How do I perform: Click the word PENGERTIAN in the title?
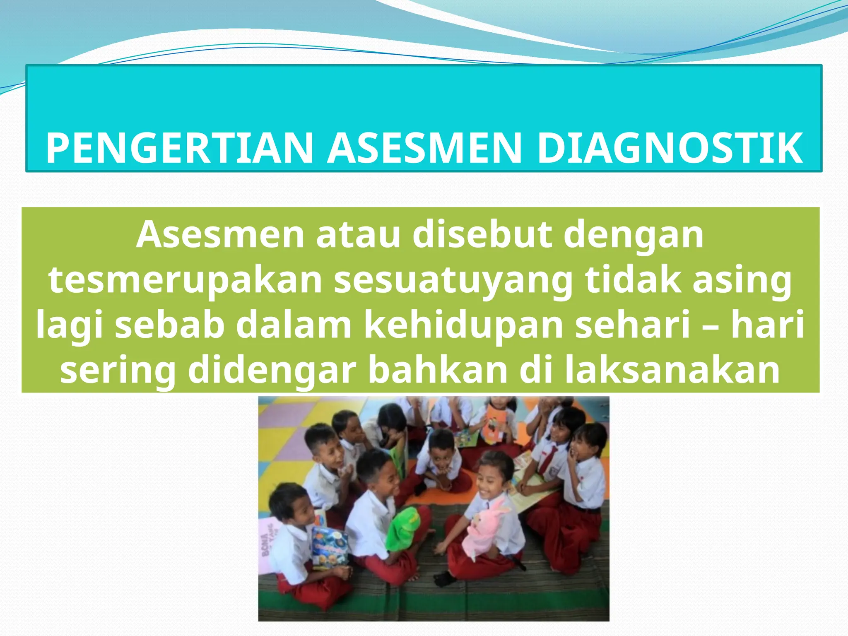click(x=179, y=148)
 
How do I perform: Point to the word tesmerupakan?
click(x=185, y=280)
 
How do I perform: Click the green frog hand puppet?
click(x=403, y=531)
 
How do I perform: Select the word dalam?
click(x=294, y=325)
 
